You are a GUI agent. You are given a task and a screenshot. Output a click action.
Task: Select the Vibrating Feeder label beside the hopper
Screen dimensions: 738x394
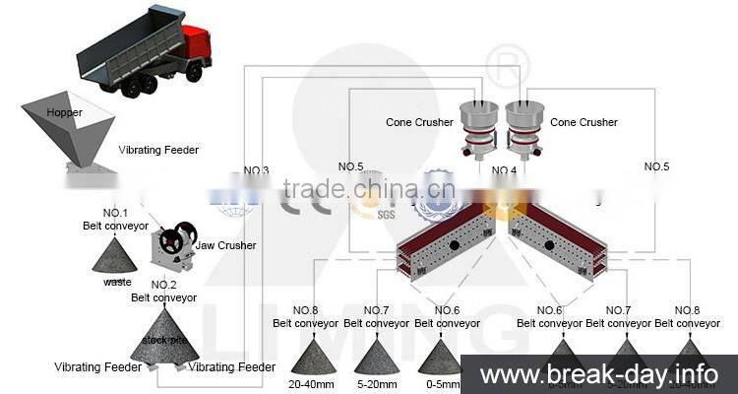(x=158, y=150)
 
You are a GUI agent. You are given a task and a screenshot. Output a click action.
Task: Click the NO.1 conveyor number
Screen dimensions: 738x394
(x=116, y=213)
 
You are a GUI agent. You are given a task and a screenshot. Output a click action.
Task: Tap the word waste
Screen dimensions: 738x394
(x=117, y=282)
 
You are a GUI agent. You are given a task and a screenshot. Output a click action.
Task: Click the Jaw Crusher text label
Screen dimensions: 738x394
(x=225, y=245)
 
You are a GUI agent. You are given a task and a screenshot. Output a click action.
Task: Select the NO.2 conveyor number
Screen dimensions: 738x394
(x=163, y=285)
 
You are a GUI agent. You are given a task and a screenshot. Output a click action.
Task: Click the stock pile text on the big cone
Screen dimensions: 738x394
(x=162, y=340)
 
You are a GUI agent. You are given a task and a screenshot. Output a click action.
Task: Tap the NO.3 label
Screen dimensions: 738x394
(x=254, y=170)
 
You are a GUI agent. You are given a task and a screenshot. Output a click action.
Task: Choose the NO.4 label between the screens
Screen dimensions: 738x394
(x=504, y=170)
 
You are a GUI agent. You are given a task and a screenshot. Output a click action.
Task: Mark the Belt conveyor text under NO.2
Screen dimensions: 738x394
(x=164, y=297)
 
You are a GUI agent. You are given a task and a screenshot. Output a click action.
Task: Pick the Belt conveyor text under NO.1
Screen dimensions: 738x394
(x=115, y=226)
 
